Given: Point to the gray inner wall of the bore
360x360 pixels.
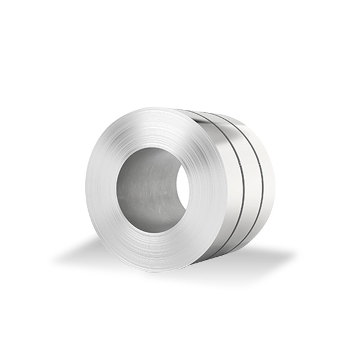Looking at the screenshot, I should coord(141,192).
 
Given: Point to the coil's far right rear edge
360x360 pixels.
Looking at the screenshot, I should coord(274,180).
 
